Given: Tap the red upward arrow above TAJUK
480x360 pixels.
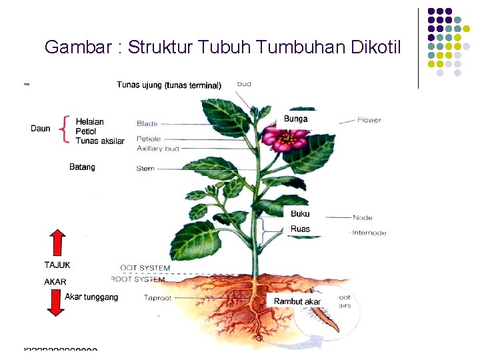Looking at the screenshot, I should click(x=58, y=244).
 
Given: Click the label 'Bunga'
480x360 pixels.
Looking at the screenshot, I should click(x=296, y=119).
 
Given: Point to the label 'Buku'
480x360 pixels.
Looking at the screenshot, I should click(x=300, y=214).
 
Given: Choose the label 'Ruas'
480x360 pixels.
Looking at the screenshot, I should click(x=300, y=229).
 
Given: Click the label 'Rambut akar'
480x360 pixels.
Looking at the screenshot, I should click(x=297, y=301).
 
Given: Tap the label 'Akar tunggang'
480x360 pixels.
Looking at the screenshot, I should click(x=91, y=297).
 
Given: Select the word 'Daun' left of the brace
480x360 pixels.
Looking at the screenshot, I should click(x=41, y=129).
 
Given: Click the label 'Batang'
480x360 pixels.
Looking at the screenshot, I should click(x=82, y=167).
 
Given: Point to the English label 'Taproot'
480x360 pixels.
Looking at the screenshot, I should click(x=159, y=298).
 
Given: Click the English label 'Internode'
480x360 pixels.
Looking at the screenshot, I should click(x=369, y=233).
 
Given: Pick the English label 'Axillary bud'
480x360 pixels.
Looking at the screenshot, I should click(x=158, y=149).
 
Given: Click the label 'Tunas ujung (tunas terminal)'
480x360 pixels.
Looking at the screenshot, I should click(x=169, y=85).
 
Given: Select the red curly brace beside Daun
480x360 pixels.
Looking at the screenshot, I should click(x=64, y=129).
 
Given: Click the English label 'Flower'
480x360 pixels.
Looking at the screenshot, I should click(x=369, y=120).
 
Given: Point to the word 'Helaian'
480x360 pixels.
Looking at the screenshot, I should click(x=90, y=122).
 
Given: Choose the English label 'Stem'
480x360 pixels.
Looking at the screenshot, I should click(x=145, y=169).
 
